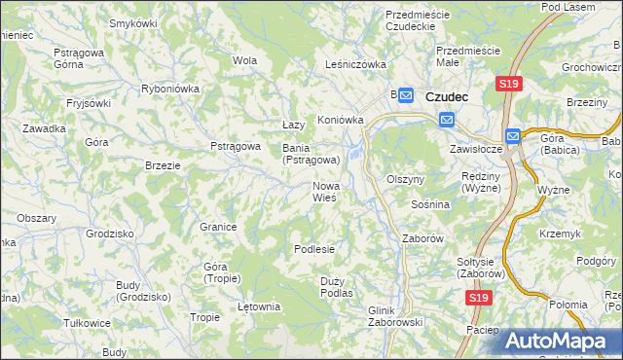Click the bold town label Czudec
click(x=447, y=96)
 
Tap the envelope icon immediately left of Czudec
click(x=408, y=95)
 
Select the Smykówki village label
click(x=134, y=22)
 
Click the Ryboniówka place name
click(x=170, y=88)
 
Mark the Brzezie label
click(x=163, y=165)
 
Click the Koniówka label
click(x=341, y=121)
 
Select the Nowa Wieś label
click(x=325, y=191)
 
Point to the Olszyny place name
click(x=406, y=180)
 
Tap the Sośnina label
click(x=430, y=205)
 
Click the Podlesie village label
click(x=314, y=249)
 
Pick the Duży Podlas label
click(x=336, y=286)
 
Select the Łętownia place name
click(x=259, y=306)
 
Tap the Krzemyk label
click(x=563, y=234)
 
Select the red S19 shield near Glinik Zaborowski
click(x=476, y=299)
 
